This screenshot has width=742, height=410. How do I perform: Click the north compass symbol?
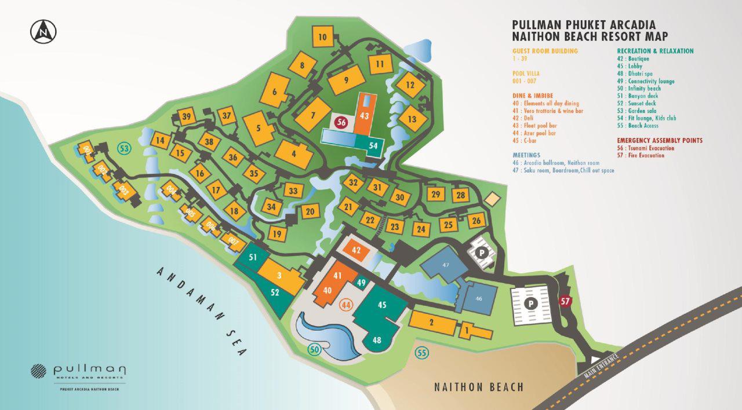pyautogui.click(x=43, y=31)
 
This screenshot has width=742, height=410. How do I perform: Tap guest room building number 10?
pyautogui.click(x=323, y=38)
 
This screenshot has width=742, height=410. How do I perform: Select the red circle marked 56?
pyautogui.click(x=341, y=122)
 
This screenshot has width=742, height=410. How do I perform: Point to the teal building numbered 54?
pyautogui.click(x=373, y=146)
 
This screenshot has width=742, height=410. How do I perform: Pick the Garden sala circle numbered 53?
pyautogui.click(x=123, y=148)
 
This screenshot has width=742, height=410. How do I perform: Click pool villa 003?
pyautogui.click(x=123, y=189)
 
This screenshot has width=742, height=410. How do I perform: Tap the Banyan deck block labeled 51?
pyautogui.click(x=253, y=257)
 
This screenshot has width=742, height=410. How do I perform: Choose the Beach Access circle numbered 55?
pyautogui.click(x=422, y=352)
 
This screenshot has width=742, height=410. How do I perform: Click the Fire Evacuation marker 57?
pyautogui.click(x=565, y=301)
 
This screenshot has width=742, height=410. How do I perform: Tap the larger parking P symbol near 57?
pyautogui.click(x=529, y=303)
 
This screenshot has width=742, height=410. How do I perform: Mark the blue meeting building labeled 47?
pyautogui.click(x=446, y=265)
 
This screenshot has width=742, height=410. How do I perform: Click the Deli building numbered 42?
pyautogui.click(x=357, y=251)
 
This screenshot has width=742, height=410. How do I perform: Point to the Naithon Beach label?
pyautogui.click(x=478, y=387)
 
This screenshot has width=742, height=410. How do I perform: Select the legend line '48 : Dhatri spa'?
pyautogui.click(x=637, y=74)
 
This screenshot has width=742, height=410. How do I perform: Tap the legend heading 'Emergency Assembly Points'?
pyautogui.click(x=660, y=140)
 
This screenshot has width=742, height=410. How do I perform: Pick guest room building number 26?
pyautogui.click(x=477, y=220)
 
